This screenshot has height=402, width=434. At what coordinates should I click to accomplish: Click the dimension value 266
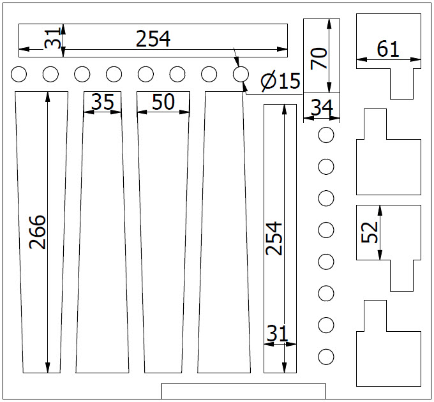pos(38,232)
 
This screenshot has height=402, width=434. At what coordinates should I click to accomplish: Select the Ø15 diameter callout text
pos(280,81)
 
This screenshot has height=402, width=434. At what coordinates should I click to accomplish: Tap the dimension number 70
pos(318,58)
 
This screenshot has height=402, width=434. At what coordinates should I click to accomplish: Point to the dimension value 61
pos(388,49)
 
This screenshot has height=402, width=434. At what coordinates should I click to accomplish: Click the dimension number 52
pos(370,232)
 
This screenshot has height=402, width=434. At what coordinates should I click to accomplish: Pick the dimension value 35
pos(102,101)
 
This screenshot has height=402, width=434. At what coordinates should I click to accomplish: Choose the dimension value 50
pos(163,101)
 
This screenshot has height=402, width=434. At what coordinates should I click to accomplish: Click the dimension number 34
pos(322,107)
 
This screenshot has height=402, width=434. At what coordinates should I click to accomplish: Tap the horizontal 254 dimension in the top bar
pos(153,39)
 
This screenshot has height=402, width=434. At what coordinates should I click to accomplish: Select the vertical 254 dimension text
pos(273,238)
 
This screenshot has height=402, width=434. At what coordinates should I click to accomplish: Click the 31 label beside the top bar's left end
pos(52,38)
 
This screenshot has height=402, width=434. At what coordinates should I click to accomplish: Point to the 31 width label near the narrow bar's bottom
pos(278,333)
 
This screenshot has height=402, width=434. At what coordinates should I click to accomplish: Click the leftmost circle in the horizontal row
pos(19,74)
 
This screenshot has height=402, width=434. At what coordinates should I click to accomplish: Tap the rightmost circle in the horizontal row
pos(241,74)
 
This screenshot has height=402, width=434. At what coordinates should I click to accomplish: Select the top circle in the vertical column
pos(326,135)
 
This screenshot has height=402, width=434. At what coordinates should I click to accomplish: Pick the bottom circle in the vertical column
pos(326,357)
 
